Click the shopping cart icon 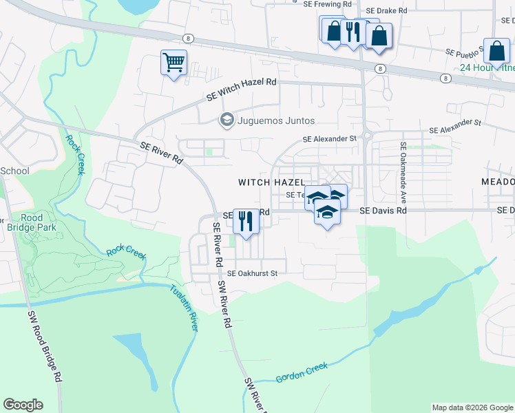click(174, 63)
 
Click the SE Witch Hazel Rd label click(242, 89)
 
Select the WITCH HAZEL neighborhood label click(271, 182)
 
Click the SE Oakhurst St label click(252, 273)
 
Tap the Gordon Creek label click(302, 373)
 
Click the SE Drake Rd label click(387, 11)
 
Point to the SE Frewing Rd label click(328, 4)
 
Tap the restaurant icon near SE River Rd click(244, 221)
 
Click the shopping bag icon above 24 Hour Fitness click(496, 50)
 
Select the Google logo click(23, 405)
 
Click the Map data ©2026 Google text click(472, 407)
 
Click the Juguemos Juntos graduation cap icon click(226, 120)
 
